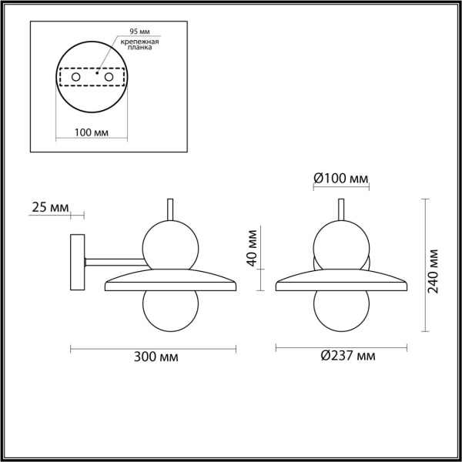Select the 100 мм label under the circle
point(91,132)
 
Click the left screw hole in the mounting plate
point(75,78)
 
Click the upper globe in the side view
point(170,242)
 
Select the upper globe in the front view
point(340,242)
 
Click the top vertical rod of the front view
point(340,209)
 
